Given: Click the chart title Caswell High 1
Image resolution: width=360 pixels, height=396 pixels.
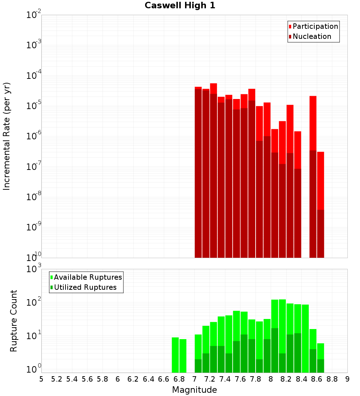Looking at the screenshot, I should (x=180, y=6).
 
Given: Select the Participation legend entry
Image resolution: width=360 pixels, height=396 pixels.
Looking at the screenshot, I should (x=315, y=26).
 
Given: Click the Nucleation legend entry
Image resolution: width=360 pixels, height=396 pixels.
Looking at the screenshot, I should (x=312, y=36).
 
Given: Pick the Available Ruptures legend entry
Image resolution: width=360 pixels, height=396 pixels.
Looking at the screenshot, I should (x=88, y=277).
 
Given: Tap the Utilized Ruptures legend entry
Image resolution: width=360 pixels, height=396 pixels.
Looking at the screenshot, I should (x=85, y=287).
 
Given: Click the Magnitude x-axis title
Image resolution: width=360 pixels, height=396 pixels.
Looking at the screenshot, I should (x=194, y=390).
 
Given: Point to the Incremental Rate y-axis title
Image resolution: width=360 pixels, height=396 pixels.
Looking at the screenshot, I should (x=7, y=136).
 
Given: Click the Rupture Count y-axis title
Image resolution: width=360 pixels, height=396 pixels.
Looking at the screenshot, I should (x=14, y=320).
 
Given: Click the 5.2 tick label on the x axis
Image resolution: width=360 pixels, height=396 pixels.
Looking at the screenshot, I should (x=57, y=379).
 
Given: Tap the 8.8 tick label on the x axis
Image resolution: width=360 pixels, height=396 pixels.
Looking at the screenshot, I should (x=332, y=379).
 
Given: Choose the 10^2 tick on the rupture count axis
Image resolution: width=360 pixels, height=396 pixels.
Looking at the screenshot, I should (x=33, y=302).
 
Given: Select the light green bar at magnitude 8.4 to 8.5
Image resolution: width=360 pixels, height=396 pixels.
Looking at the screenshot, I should (x=305, y=338).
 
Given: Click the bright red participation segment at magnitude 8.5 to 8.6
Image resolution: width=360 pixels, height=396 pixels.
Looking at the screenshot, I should (x=313, y=122).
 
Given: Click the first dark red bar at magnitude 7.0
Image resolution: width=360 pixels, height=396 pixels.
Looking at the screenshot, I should (x=198, y=173).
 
